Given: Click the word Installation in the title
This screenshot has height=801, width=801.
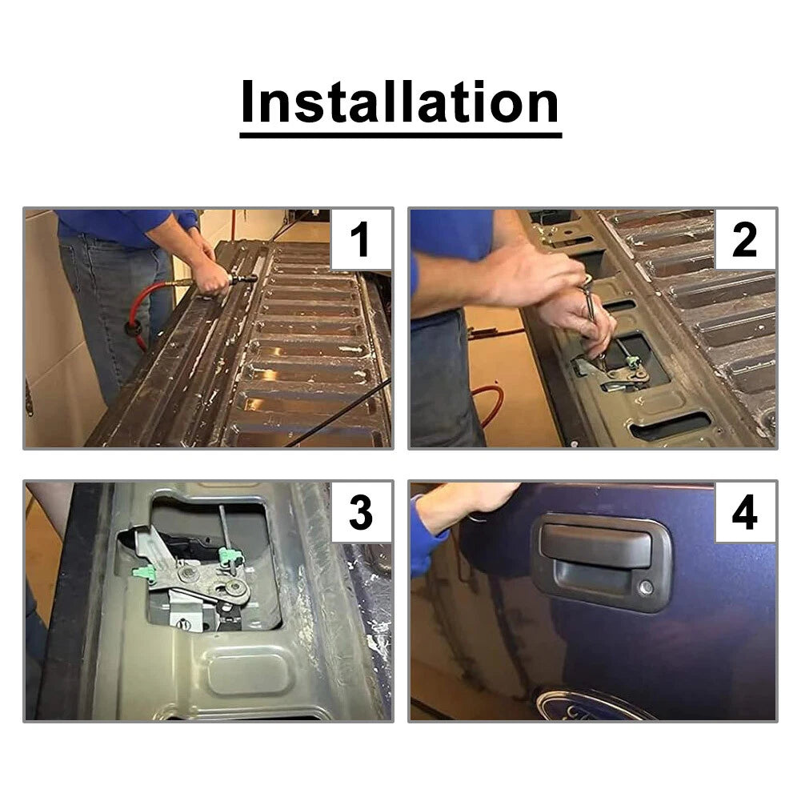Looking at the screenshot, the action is (400, 102).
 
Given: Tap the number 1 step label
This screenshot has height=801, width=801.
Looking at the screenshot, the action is (360, 239).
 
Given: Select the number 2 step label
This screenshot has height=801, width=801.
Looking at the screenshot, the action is (744, 239).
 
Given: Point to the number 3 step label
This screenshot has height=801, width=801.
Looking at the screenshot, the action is (361, 512).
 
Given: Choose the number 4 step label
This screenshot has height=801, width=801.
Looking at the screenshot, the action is (744, 512).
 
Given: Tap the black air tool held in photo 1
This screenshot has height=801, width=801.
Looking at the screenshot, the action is (241, 279).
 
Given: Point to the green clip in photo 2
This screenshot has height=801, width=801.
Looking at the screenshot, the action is (634, 362).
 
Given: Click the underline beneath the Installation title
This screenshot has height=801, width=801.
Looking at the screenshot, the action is (401, 135).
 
